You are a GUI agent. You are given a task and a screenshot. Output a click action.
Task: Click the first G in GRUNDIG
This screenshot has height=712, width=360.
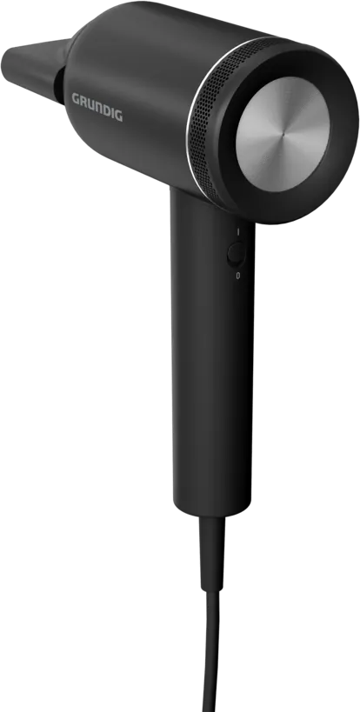76,98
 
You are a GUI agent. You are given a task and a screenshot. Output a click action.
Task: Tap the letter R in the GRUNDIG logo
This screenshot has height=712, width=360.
84,101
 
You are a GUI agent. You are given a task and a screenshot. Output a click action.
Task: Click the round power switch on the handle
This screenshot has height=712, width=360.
236,254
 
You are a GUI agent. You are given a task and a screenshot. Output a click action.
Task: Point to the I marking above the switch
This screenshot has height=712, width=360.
238,232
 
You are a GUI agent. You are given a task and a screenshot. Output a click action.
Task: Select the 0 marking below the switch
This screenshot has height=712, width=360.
238,276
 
